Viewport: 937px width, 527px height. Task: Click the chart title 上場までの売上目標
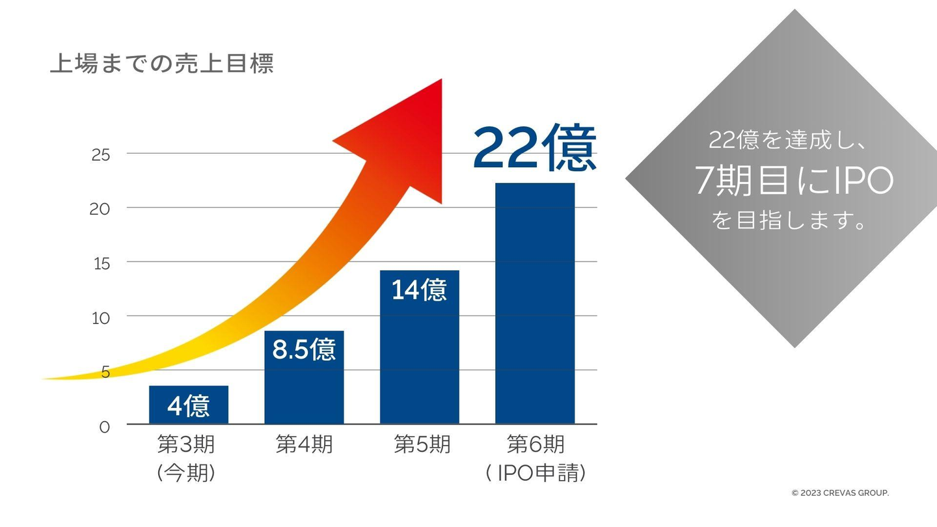pyautogui.click(x=161, y=64)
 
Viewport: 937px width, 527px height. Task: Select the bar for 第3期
pyautogui.click(x=189, y=405)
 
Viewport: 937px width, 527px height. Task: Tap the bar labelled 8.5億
pyautogui.click(x=304, y=377)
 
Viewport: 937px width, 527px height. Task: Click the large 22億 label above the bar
pyautogui.click(x=534, y=148)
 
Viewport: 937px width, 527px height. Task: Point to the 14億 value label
pyautogui.click(x=419, y=290)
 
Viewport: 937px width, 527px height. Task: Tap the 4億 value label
pyautogui.click(x=189, y=406)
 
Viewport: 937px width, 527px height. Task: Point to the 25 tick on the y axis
pyautogui.click(x=101, y=155)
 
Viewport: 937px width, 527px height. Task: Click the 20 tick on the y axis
pyautogui.click(x=101, y=209)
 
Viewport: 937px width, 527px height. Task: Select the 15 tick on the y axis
pyautogui.click(x=101, y=263)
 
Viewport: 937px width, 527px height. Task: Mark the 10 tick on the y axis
pyautogui.click(x=101, y=318)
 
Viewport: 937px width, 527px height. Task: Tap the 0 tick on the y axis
pyautogui.click(x=105, y=427)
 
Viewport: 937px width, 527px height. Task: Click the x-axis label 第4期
pyautogui.click(x=304, y=445)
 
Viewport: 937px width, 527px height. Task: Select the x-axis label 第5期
pyautogui.click(x=422, y=445)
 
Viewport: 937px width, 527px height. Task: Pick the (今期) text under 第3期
pyautogui.click(x=186, y=473)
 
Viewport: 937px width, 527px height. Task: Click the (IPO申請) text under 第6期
pyautogui.click(x=536, y=473)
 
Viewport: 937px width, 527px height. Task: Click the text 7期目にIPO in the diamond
pyautogui.click(x=794, y=181)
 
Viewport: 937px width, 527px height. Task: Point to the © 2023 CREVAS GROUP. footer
pyautogui.click(x=840, y=493)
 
